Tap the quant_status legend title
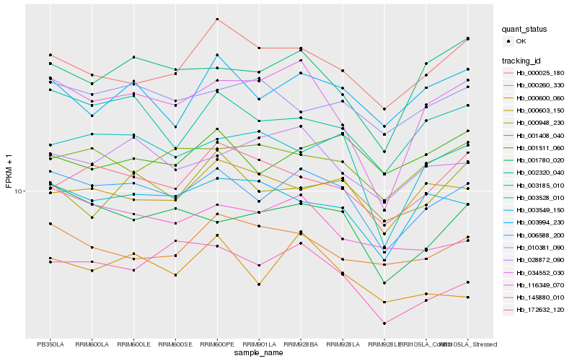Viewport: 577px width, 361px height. (525, 29)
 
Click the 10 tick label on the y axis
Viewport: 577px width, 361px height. (19, 191)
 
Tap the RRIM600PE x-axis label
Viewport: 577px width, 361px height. (217, 344)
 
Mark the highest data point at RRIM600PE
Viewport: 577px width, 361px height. (217, 19)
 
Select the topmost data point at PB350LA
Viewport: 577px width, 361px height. (50, 55)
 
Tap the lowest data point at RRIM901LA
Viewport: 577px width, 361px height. (259, 284)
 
